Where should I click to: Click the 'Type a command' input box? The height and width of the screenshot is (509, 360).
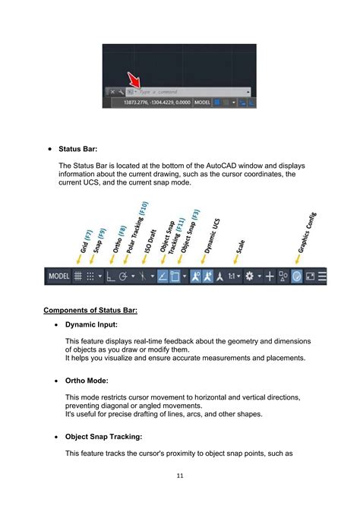tap(194, 91)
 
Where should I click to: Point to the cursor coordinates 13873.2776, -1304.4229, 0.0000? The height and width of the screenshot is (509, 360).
tap(150, 102)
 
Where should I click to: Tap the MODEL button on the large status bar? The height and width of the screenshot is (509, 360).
tap(59, 277)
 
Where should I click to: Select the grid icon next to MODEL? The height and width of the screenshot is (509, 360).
tap(77, 277)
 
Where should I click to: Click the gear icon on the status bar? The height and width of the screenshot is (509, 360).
tap(249, 277)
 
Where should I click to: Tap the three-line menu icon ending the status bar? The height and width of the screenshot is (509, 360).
tap(322, 277)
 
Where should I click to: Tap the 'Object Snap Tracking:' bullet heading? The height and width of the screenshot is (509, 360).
tap(109, 438)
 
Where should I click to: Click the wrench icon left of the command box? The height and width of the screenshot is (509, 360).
tap(120, 91)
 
